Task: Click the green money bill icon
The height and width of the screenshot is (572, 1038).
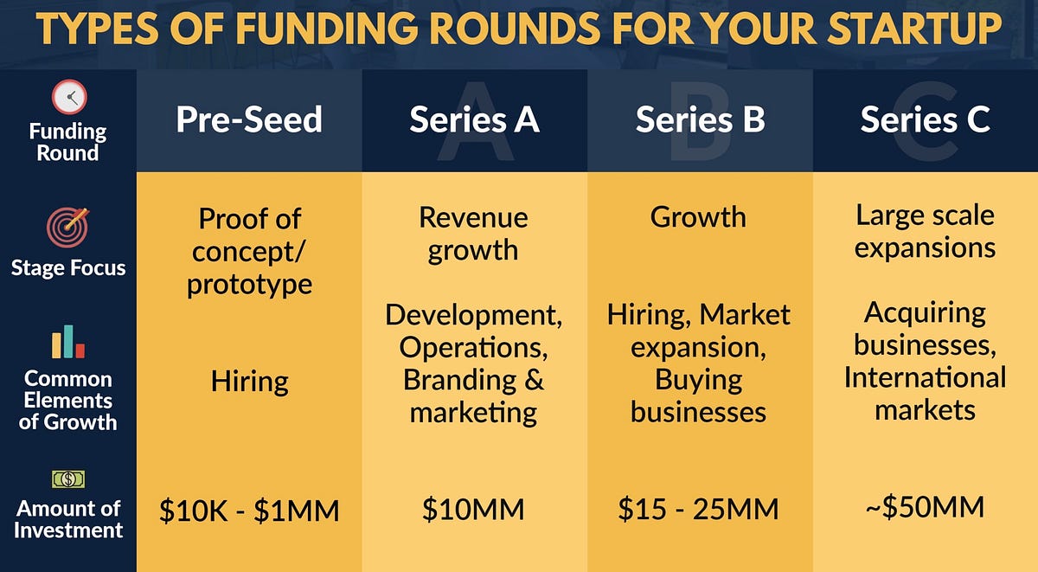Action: coord(68,479)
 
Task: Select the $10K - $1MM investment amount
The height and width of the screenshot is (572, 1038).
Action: coord(249,511)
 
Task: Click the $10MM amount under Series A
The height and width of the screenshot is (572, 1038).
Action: coord(473,509)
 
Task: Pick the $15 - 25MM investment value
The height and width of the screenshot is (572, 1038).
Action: coord(699,509)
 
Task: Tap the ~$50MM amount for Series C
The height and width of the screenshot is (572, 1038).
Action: coord(925,507)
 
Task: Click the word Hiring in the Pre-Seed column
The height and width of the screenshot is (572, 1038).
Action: coord(249,381)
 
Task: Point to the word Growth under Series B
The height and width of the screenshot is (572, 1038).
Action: coord(698,216)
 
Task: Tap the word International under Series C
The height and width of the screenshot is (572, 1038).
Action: coord(925,377)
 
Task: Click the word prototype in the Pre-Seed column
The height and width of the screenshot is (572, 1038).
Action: coord(249,285)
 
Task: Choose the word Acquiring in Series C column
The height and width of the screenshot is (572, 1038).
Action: coord(925,312)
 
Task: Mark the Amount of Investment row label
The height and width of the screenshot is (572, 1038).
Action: coord(68,519)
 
